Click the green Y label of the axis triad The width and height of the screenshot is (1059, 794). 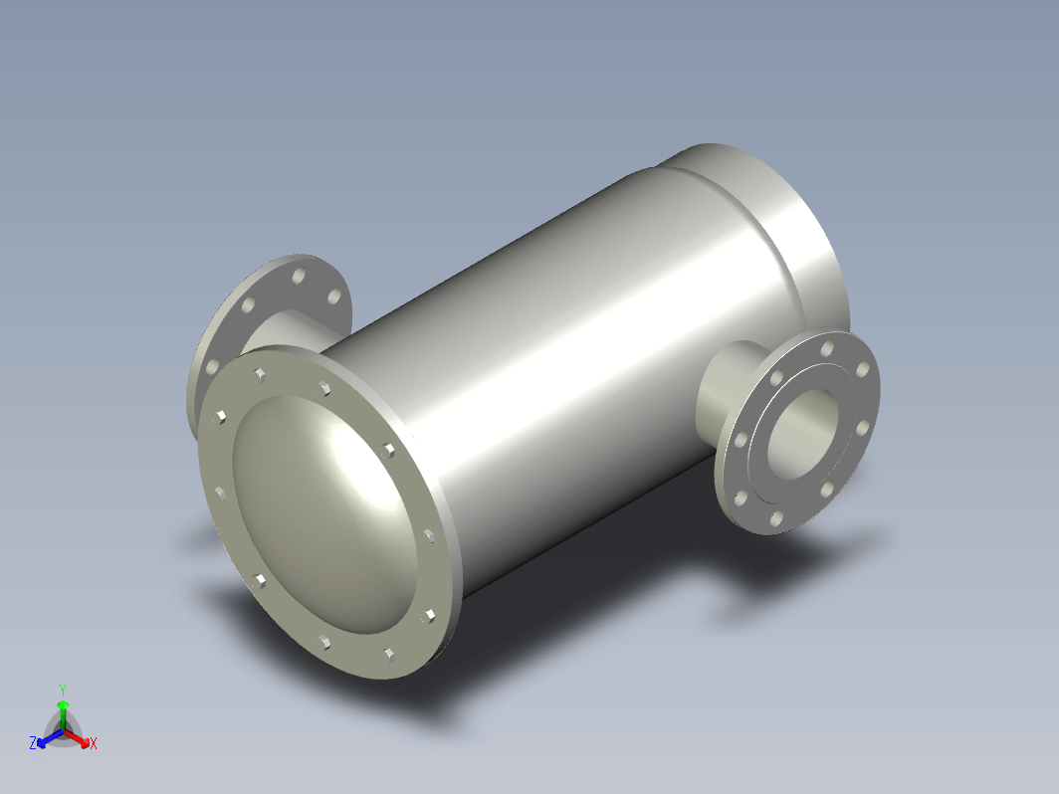(62, 691)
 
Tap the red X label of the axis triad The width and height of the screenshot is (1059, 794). (94, 743)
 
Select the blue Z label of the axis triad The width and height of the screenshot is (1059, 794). (33, 742)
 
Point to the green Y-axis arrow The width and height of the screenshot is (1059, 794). (63, 714)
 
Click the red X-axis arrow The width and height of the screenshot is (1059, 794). (77, 737)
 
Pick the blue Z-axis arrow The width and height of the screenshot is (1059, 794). (50, 738)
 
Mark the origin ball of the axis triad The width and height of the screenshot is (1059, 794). (63, 730)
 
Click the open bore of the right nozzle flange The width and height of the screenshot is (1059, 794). (802, 434)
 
